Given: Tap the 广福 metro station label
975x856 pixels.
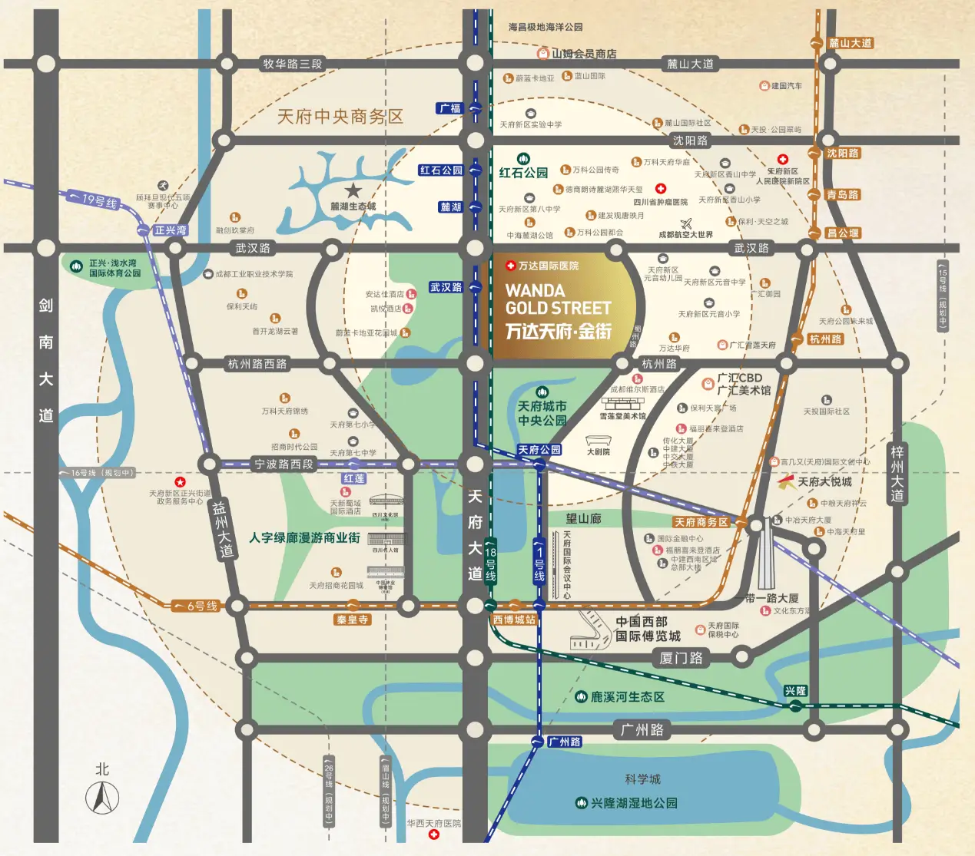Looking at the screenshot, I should click(x=450, y=108).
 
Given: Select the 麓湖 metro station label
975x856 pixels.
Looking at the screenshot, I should click(x=450, y=207).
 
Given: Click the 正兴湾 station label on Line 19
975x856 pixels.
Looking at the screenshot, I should click(x=170, y=230).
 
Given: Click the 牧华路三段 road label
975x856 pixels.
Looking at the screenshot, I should click(x=292, y=64).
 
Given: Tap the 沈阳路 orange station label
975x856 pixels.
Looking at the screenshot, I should click(x=843, y=154).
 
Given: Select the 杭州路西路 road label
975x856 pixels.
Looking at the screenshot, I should click(x=257, y=364).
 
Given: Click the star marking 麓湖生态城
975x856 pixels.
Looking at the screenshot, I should click(x=353, y=190).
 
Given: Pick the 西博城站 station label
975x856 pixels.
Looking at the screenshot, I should click(x=514, y=620).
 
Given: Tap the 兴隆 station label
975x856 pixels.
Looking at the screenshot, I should click(x=795, y=691).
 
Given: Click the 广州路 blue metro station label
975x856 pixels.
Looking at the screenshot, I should click(x=564, y=742).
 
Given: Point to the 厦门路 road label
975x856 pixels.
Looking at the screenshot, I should click(x=681, y=658).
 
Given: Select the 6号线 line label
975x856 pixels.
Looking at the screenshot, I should click(x=202, y=606).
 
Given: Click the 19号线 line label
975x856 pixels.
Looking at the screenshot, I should click(x=99, y=201).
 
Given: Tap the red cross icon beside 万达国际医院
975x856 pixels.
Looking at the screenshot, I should click(x=510, y=266).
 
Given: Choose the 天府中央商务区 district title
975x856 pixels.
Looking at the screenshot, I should click(x=340, y=117).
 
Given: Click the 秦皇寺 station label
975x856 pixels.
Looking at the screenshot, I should click(x=352, y=620).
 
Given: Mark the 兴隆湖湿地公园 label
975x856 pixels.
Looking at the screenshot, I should click(x=634, y=803).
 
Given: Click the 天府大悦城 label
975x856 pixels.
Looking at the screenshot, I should click(x=824, y=482).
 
